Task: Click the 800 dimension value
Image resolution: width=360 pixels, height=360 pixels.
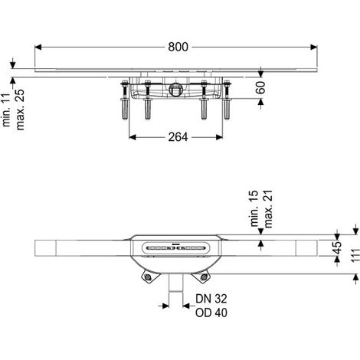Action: pos(178,47)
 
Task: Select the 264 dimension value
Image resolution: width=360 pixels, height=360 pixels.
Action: pos(178,137)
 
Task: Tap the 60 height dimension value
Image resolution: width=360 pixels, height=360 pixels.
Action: pos(260,87)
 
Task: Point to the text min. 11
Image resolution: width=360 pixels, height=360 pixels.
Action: pos(6,110)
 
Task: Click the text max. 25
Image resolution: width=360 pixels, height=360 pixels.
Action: pos(20,110)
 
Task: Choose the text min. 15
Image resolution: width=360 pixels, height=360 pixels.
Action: pos(254,208)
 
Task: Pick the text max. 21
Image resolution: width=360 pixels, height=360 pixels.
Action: pos(268,209)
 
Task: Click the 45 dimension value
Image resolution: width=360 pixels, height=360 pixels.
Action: pos(338,247)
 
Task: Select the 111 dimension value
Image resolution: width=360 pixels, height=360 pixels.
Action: pos(355,254)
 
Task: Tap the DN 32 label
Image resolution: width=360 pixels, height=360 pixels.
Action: pos(211,299)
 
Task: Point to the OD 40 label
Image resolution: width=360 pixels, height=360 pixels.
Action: pos(211,313)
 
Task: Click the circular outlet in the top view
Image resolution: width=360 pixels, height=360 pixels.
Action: pos(175,90)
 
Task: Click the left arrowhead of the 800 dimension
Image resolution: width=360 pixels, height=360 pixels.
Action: pos(38,47)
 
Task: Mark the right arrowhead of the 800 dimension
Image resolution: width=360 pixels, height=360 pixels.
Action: pos(314,47)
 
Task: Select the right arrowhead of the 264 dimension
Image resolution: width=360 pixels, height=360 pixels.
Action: pos(219,137)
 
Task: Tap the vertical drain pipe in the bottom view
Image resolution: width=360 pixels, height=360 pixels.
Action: pos(176,283)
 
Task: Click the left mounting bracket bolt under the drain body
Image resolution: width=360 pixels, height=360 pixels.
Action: pos(147,277)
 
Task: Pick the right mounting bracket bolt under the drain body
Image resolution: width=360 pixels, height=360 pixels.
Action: pos(204,277)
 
